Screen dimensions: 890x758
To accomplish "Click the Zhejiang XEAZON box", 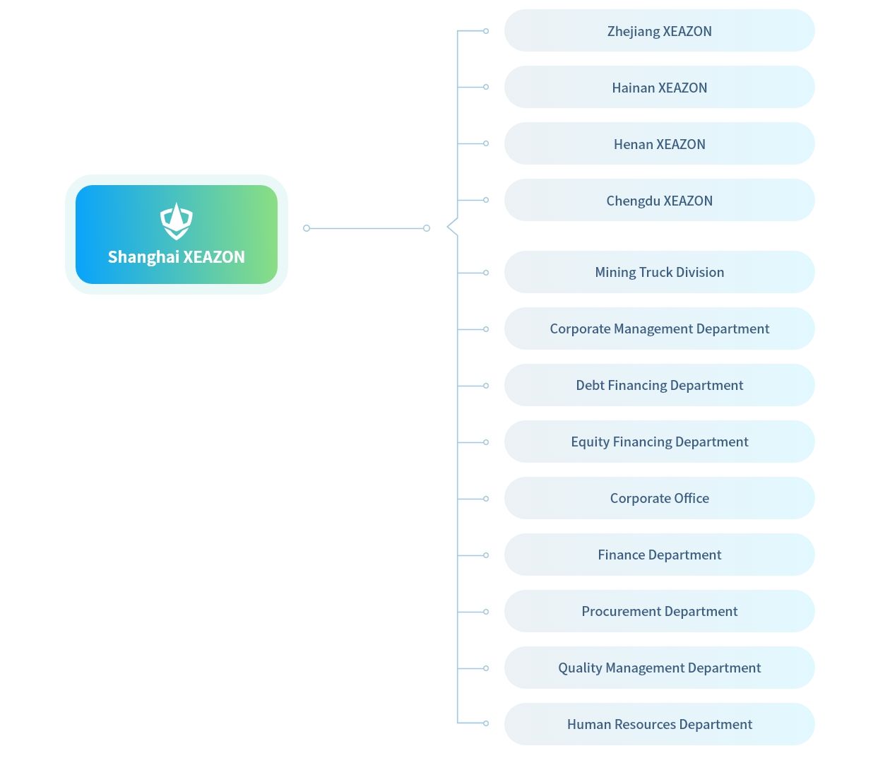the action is click(x=659, y=30).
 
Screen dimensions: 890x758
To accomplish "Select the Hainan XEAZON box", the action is click(x=659, y=87).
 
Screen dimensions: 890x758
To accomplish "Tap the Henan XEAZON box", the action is click(x=659, y=143).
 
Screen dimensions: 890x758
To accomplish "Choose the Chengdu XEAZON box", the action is click(x=659, y=200).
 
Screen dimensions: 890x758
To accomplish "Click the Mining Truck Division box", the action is click(x=659, y=272).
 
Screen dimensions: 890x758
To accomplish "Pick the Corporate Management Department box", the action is click(x=659, y=328).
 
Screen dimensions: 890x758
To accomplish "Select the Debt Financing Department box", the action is click(x=659, y=385).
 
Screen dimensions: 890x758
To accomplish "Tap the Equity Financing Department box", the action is click(x=659, y=442).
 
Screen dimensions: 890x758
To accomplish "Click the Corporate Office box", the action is click(x=659, y=498).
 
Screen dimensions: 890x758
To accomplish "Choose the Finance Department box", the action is click(x=659, y=555).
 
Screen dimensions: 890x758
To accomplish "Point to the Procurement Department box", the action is click(x=659, y=611).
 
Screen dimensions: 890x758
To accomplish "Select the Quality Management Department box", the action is click(x=659, y=668).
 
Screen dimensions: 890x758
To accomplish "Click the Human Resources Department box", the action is click(x=659, y=724).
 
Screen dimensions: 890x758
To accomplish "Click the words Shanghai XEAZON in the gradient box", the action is click(x=176, y=257).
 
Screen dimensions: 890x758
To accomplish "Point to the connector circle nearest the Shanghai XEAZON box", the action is click(x=307, y=228).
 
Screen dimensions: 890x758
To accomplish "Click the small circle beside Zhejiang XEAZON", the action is click(x=486, y=31).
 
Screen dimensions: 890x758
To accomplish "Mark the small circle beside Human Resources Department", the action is click(x=486, y=723).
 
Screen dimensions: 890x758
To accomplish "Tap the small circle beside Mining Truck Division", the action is click(x=486, y=273).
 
